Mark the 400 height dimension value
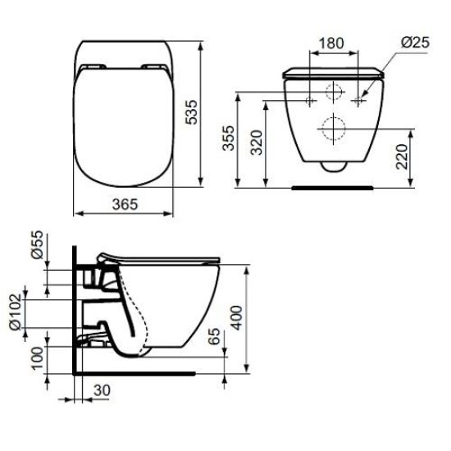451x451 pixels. coord(238,315)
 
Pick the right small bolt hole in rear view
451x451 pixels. coord(359,100)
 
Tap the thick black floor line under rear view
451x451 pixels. coord(333,186)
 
